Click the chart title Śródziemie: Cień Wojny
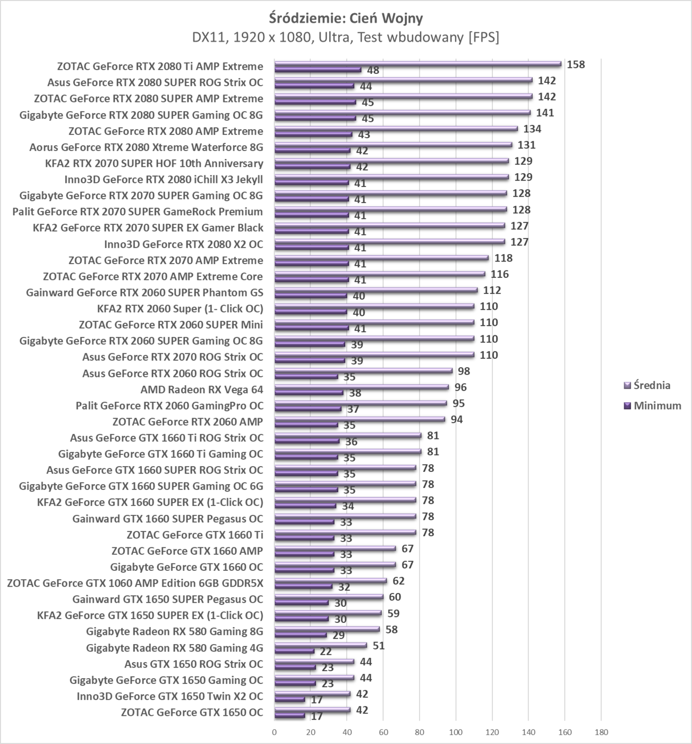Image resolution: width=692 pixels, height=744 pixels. (x=346, y=18)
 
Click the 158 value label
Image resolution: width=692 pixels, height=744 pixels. (x=576, y=65)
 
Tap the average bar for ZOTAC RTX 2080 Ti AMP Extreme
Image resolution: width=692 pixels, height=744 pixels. (x=417, y=64)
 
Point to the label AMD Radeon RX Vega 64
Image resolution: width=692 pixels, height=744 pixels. (x=201, y=390)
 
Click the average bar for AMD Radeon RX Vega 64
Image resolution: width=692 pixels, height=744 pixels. (x=361, y=387)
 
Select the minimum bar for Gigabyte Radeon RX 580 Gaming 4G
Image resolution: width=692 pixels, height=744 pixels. (x=294, y=651)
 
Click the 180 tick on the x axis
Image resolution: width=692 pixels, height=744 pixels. (x=601, y=732)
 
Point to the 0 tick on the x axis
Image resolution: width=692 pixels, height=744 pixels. (x=275, y=732)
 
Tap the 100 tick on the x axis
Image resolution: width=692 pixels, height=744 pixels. (x=456, y=732)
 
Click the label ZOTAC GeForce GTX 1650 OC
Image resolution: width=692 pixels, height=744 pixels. (x=192, y=712)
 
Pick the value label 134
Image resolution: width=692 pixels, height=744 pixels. (x=532, y=129)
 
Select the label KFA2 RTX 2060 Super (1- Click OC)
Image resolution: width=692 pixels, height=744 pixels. (x=180, y=309)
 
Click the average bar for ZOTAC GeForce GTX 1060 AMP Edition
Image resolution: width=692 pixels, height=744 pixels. (x=330, y=581)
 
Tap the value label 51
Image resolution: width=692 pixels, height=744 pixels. (x=379, y=646)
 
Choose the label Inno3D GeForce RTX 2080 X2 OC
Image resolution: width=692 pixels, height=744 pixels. (x=183, y=244)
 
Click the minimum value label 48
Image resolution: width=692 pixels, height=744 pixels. (x=373, y=70)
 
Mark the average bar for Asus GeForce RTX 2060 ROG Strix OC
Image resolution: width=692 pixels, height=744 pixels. (x=363, y=371)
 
